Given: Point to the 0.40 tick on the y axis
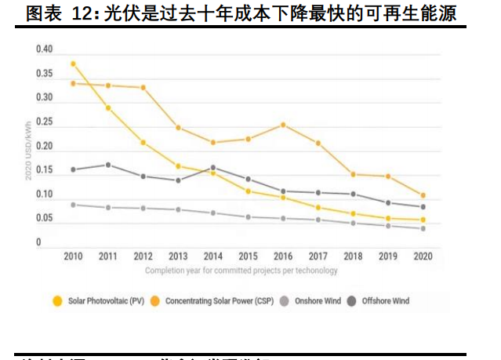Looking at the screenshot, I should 44,49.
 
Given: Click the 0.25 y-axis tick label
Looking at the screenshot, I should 44,122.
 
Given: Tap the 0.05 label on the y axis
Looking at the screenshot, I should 44,219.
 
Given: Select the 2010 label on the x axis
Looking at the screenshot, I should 73,256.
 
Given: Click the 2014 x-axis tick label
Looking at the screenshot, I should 212,256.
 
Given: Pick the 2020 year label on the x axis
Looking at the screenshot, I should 423,256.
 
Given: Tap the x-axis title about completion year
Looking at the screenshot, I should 241,271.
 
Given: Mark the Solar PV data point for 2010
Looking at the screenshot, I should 73,64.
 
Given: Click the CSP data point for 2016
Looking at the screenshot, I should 283,125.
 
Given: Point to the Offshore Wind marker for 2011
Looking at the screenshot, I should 108,165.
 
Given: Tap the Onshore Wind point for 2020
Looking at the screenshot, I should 423,228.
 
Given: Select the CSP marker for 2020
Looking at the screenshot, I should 423,195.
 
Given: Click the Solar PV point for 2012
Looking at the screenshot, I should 143,142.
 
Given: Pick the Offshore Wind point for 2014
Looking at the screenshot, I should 212,167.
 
